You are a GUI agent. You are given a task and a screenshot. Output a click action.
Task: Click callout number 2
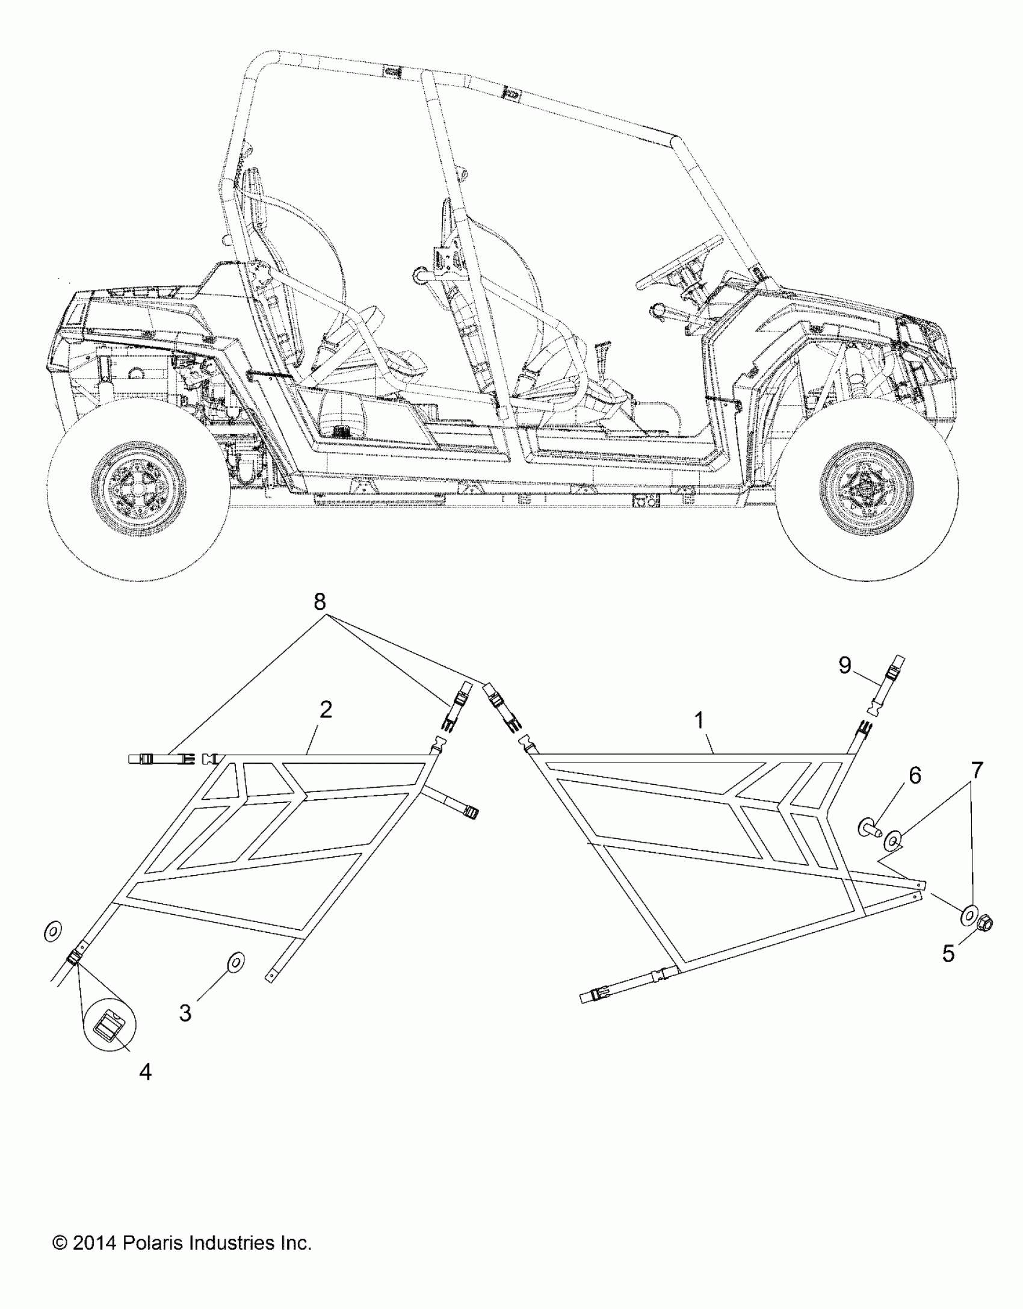[x=326, y=710]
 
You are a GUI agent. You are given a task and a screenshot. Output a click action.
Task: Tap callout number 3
[x=185, y=1013]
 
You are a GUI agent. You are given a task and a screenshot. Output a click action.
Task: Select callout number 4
[x=145, y=1072]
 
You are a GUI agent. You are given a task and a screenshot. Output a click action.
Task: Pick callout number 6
[x=914, y=776]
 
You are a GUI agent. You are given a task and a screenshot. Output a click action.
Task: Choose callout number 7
[x=976, y=769]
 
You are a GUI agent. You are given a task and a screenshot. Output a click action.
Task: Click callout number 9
[x=845, y=666]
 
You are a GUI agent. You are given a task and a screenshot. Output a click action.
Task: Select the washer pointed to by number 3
[x=235, y=962]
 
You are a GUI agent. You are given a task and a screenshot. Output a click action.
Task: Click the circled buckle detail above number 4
[x=110, y=1024]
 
